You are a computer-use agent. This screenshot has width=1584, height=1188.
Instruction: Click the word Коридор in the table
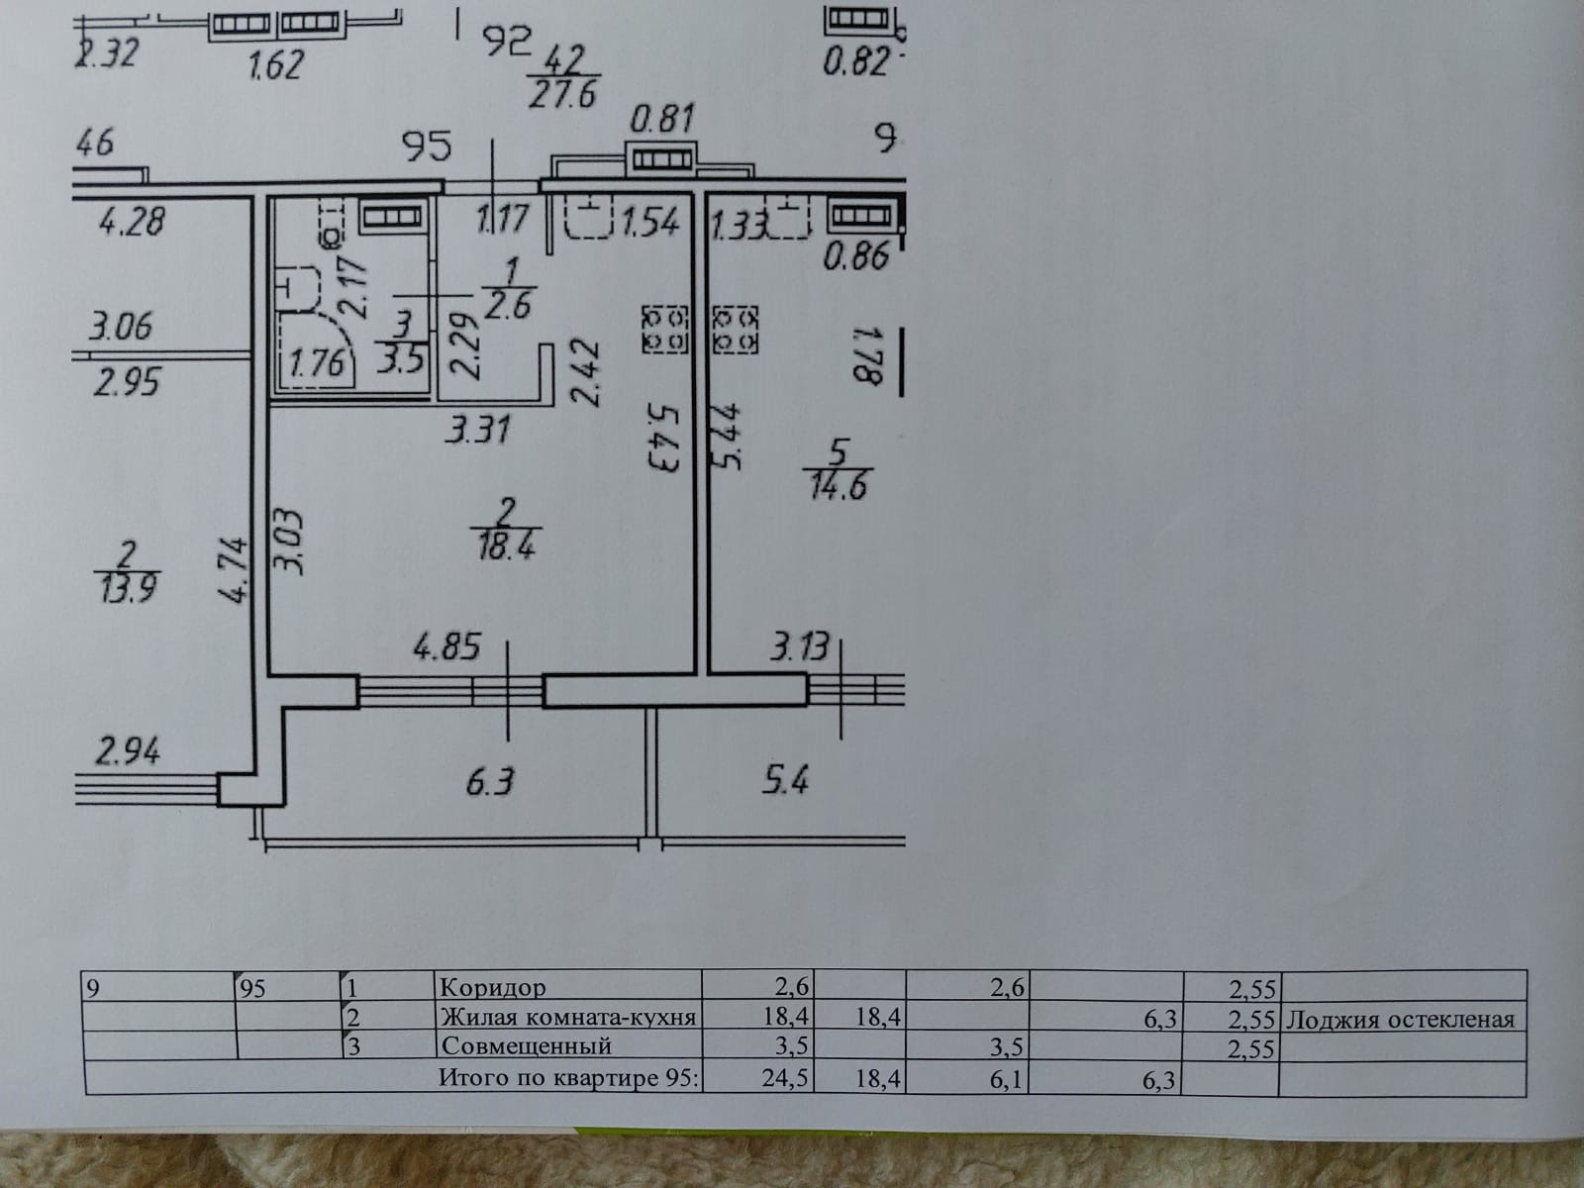coord(492,987)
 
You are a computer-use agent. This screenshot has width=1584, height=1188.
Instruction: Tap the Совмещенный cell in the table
coord(526,1045)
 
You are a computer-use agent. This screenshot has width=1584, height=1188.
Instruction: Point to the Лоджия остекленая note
coord(1399,1019)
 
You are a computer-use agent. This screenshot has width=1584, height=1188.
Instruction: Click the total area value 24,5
coord(790,1077)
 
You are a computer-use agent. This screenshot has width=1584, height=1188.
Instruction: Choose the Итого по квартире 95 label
coord(569,1077)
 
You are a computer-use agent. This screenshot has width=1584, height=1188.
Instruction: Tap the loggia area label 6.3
coord(490,782)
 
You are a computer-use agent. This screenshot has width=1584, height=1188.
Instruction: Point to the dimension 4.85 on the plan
coord(446,647)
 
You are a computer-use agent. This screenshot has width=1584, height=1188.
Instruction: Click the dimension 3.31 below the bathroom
coord(478,430)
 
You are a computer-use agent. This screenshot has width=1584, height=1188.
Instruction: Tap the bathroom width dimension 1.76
coord(317,362)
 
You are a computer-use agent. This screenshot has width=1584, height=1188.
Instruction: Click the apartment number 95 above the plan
coord(427,147)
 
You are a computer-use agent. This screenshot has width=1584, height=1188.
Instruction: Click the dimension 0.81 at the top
coord(662,120)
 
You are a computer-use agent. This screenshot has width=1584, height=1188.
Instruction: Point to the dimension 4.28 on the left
coord(131,220)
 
